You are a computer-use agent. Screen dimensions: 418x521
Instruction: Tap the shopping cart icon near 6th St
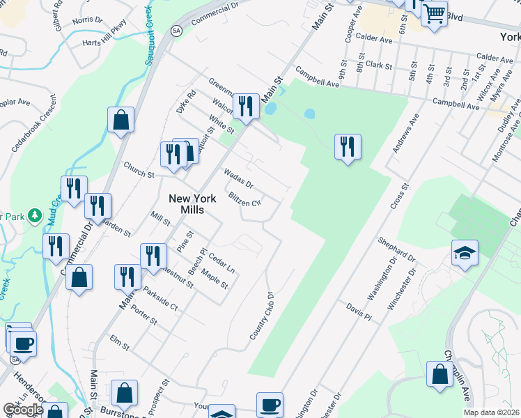pos(434,13)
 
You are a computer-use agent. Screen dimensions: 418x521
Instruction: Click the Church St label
pos(139,169)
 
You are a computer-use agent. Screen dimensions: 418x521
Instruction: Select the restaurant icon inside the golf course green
pos(347,147)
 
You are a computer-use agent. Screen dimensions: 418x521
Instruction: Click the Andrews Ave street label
pos(405,134)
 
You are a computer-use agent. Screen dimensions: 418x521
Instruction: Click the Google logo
pos(23,410)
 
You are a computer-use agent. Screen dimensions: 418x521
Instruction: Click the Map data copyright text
pos(492,412)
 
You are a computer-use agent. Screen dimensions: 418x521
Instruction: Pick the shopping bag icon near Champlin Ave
pos(440,373)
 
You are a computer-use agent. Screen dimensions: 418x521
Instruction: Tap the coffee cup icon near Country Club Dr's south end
pos(270,404)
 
